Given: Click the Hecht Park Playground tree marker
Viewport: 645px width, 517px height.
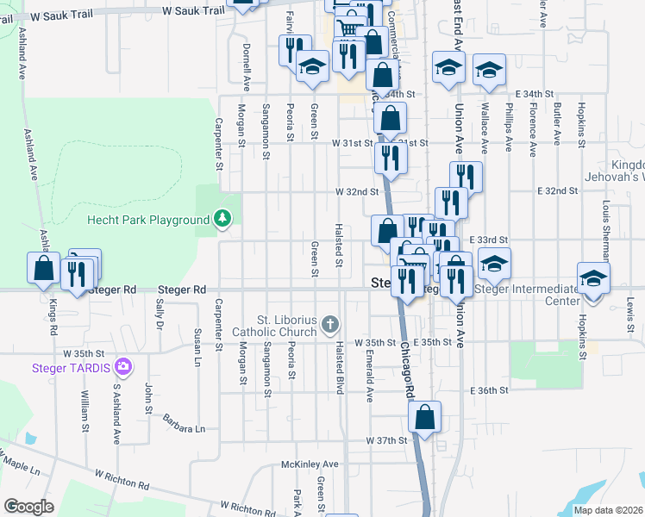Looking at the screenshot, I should [223, 219].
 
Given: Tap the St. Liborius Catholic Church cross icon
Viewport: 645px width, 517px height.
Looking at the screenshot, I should [329, 325].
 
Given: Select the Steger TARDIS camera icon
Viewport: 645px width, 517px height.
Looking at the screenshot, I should [123, 367].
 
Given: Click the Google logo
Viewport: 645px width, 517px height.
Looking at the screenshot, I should [28, 507].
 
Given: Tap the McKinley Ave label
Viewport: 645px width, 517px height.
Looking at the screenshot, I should [310, 464].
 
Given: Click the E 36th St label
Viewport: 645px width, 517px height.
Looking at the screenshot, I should [490, 390].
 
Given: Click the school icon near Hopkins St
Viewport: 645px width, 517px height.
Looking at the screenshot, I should [594, 278].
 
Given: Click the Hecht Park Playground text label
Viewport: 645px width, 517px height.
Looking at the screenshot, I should [148, 220].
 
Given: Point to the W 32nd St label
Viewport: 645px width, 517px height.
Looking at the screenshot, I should [357, 191].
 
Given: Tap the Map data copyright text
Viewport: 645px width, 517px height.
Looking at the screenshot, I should [609, 510].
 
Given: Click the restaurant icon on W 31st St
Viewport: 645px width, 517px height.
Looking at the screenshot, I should [391, 158].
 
